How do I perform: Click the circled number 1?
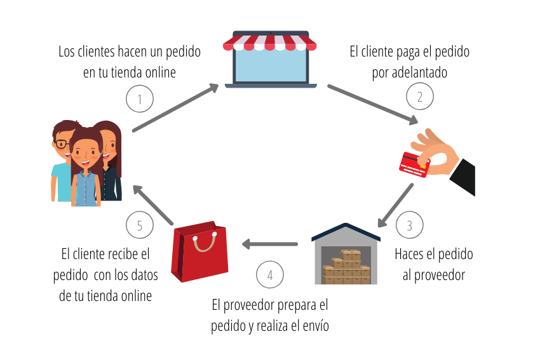[140, 98]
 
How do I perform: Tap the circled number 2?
[420, 97]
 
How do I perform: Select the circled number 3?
[409, 225]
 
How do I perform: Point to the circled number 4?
[270, 274]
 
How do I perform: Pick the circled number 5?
[140, 225]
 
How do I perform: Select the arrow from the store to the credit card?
[372, 103]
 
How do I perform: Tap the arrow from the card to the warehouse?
[395, 205]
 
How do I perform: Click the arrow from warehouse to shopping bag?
[270, 244]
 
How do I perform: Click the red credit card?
[414, 163]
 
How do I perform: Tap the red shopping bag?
[199, 254]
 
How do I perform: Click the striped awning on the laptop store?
[269, 43]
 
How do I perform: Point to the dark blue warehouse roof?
[346, 230]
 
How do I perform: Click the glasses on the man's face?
[63, 144]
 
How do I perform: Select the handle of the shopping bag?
[205, 242]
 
